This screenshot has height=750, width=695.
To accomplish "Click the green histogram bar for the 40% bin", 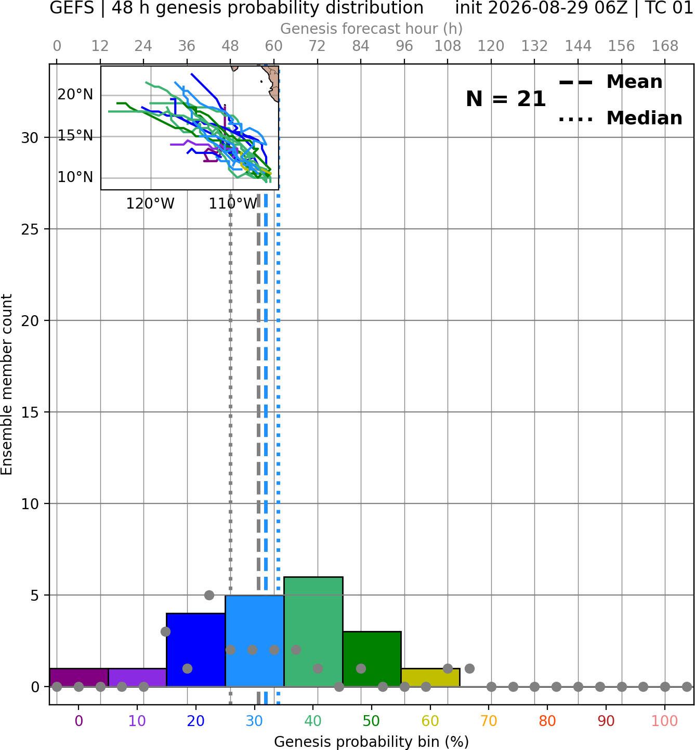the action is click(313, 632).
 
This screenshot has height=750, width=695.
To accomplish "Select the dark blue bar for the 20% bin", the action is click(196, 650).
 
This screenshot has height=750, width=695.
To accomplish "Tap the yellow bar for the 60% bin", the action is click(430, 678).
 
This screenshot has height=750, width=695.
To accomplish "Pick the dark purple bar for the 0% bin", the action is click(79, 678).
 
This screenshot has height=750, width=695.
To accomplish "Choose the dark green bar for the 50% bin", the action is click(372, 660).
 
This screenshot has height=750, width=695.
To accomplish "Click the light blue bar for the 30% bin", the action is click(255, 641).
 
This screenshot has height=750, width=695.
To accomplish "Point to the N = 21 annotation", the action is click(505, 99).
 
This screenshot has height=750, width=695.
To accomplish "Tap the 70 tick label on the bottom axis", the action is click(489, 721).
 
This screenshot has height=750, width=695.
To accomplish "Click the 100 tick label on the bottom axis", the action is click(665, 721).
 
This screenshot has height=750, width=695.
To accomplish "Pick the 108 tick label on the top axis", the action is click(448, 46).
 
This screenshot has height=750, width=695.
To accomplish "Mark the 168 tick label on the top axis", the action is click(665, 46).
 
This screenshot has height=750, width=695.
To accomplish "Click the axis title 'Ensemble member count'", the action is click(6, 384).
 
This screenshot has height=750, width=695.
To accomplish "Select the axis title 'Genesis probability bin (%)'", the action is click(372, 742).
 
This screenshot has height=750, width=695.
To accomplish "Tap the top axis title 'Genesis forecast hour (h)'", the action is click(372, 29).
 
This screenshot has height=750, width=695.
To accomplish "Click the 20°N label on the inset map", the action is click(75, 95).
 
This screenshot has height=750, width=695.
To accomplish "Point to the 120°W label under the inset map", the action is click(150, 204).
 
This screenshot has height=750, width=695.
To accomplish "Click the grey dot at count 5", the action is click(209, 595).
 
